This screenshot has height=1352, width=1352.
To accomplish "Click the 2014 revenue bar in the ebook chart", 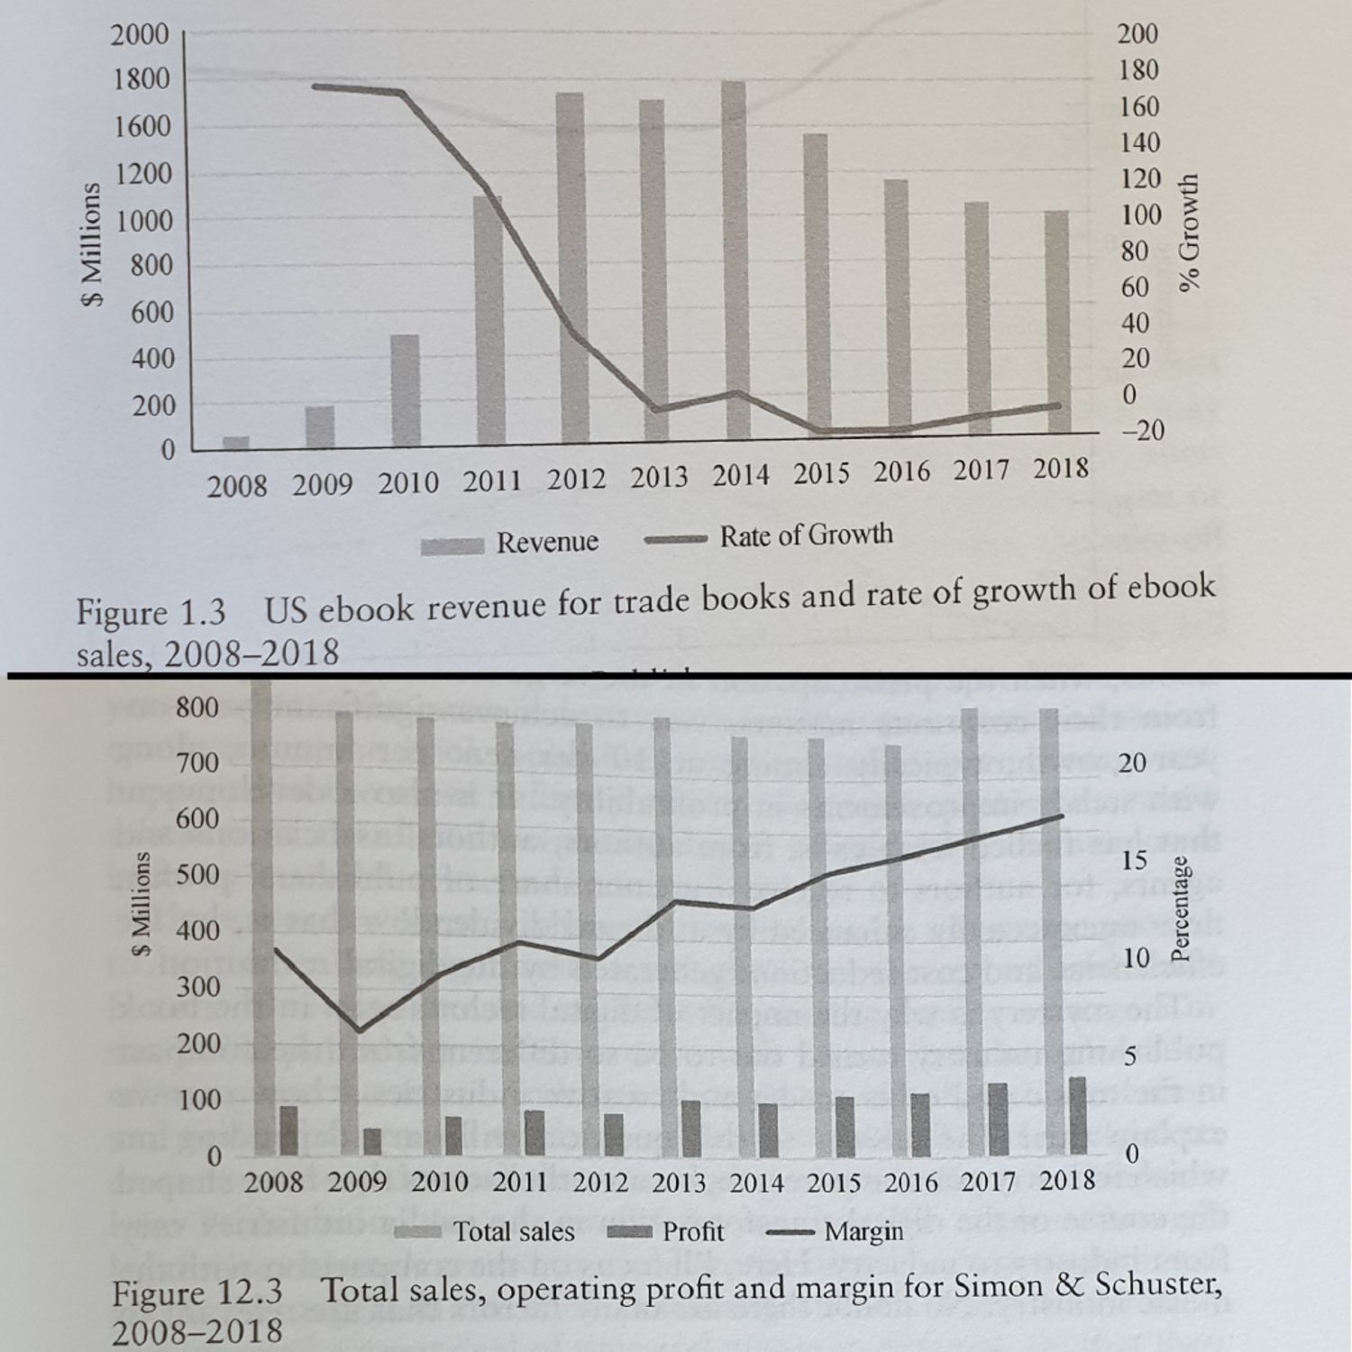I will (735, 261).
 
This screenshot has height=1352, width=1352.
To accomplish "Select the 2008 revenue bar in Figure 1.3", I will (236, 442).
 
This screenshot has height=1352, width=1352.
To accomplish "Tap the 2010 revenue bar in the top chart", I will (406, 389).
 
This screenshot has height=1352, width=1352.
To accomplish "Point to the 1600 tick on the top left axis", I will (142, 126).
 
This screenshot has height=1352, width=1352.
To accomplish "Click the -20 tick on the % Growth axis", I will (1141, 431).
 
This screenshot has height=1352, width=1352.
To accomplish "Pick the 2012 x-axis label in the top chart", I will (576, 479).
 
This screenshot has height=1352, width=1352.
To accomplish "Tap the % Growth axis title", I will (1190, 233).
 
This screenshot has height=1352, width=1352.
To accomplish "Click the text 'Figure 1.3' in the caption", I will (151, 613).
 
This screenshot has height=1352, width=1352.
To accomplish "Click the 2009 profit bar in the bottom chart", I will (372, 1141).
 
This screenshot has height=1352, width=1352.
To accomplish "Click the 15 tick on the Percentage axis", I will (1135, 861).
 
